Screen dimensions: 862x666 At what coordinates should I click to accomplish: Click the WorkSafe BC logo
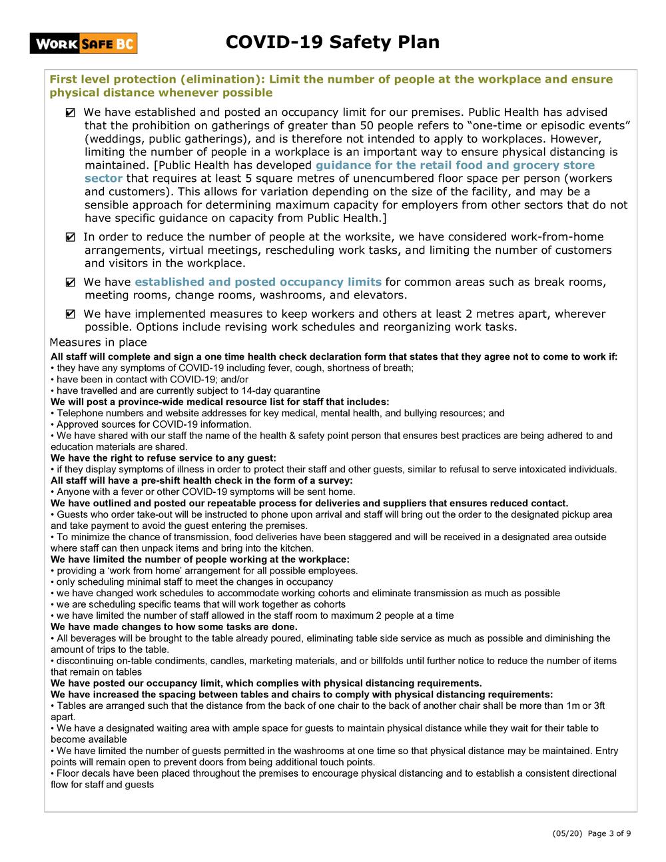[x=83, y=44]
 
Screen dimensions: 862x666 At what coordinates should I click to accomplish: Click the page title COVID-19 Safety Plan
[x=332, y=43]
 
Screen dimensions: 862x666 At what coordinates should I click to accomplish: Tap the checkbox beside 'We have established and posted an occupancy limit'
[x=71, y=113]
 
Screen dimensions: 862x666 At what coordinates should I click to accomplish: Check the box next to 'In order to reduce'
[x=71, y=238]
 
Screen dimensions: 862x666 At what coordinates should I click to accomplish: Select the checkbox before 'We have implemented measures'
[x=71, y=314]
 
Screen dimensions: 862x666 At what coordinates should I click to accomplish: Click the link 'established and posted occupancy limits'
[x=258, y=282]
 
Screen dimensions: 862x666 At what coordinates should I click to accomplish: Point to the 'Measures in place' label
[x=98, y=342]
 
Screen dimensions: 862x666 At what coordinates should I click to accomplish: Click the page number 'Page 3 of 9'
[x=609, y=833]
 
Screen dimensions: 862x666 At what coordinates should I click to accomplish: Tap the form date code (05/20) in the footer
[x=563, y=833]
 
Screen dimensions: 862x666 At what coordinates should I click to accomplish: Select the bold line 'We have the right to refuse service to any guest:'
[x=163, y=458]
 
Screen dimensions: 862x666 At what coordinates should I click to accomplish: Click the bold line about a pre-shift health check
[x=201, y=481]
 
